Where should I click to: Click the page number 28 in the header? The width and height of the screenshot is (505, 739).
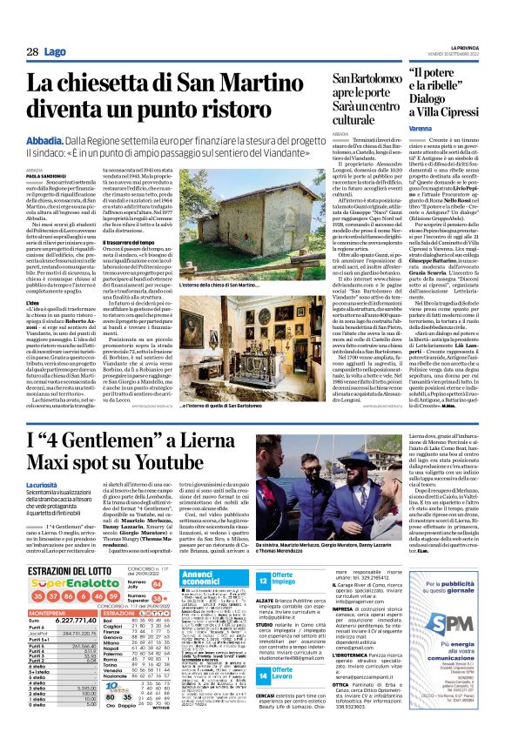pyautogui.click(x=31, y=52)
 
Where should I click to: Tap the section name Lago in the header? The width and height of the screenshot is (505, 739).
pyautogui.click(x=54, y=52)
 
